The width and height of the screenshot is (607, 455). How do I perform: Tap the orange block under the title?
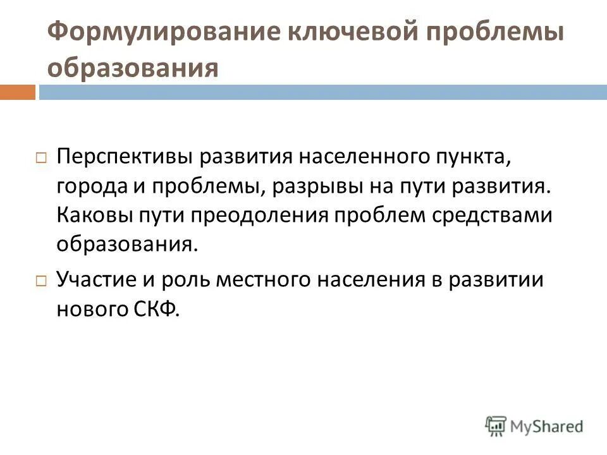17,92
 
